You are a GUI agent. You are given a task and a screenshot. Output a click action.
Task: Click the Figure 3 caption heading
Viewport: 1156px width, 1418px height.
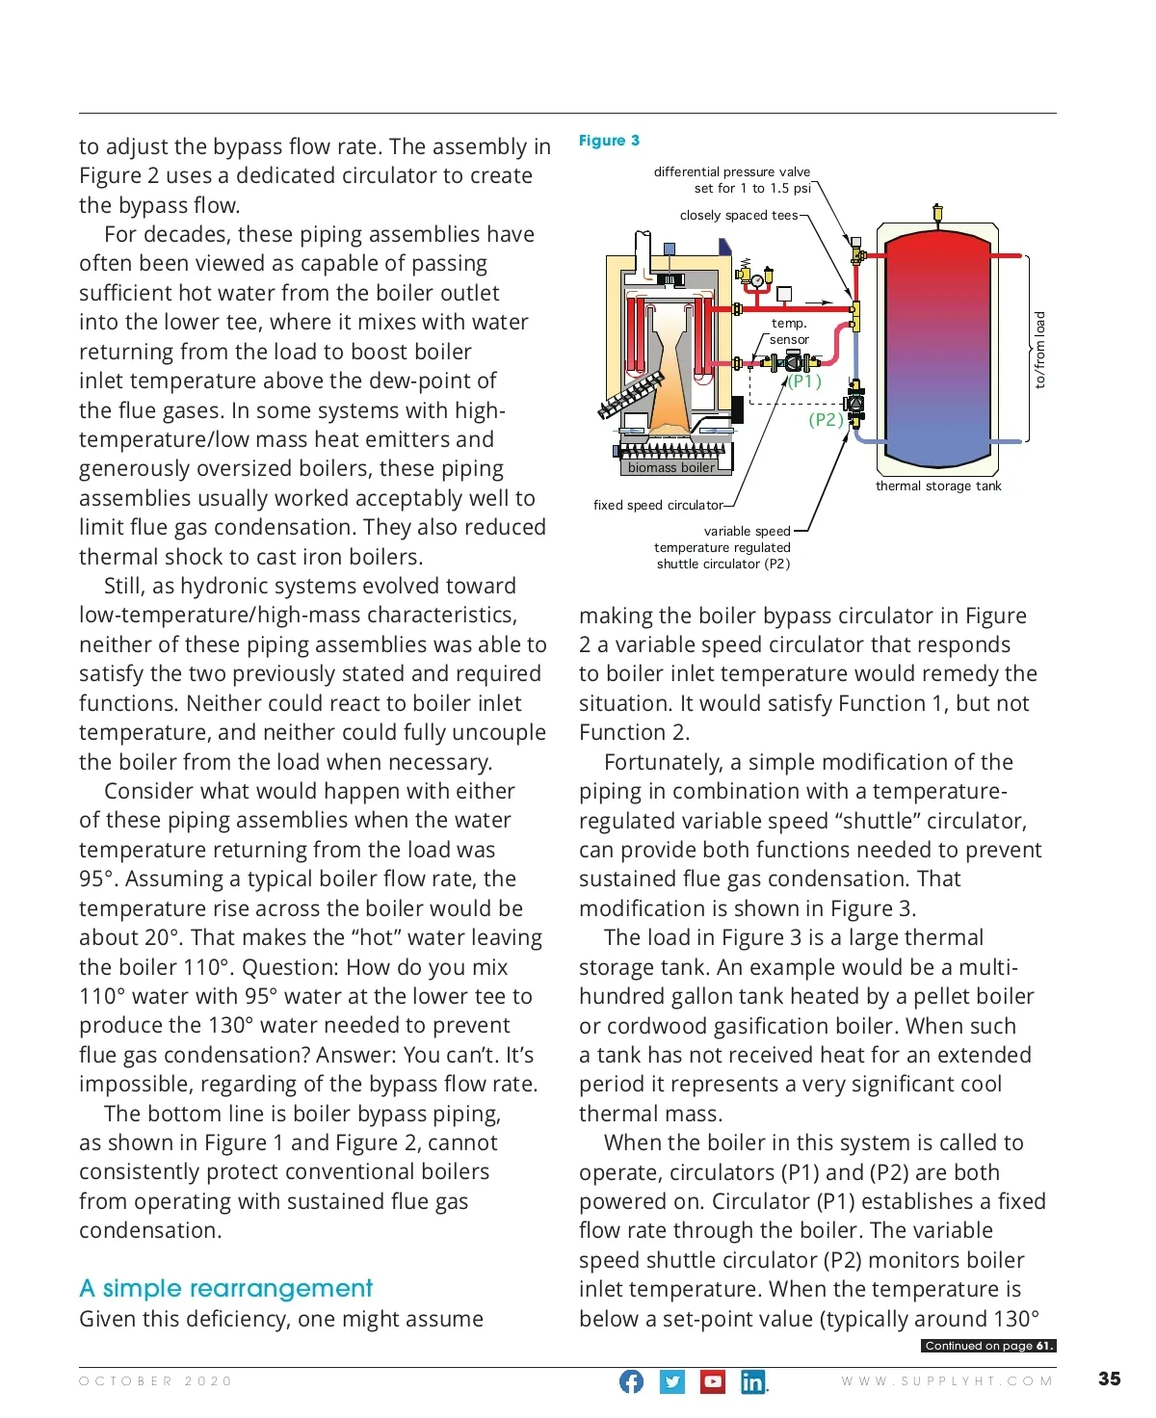pyautogui.click(x=609, y=141)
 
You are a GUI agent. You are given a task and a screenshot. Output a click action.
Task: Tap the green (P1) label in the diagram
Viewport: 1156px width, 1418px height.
pyautogui.click(x=805, y=381)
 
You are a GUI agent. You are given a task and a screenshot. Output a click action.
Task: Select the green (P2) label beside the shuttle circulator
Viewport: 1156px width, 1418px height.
pyautogui.click(x=826, y=419)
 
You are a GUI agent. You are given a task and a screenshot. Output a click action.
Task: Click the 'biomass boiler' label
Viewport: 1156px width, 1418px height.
pyautogui.click(x=671, y=467)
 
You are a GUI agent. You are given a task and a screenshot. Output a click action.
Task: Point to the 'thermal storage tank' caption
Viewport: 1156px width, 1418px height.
pyautogui.click(x=938, y=486)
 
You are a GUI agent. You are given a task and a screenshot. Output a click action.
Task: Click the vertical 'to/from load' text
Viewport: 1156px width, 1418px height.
pyautogui.click(x=1039, y=350)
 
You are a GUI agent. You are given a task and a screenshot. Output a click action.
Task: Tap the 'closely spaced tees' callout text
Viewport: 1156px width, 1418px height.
pyautogui.click(x=739, y=215)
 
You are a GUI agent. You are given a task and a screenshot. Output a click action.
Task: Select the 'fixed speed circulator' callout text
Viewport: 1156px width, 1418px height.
pyautogui.click(x=658, y=505)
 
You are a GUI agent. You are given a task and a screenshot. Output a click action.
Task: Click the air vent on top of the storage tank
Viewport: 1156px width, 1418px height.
pyautogui.click(x=937, y=213)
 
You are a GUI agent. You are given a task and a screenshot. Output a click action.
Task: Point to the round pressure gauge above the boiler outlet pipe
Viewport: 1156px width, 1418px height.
pyautogui.click(x=758, y=280)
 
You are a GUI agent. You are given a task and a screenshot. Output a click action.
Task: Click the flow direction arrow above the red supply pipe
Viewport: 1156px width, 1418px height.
pyautogui.click(x=818, y=302)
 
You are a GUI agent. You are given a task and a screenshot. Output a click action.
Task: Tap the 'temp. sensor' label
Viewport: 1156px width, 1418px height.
pyautogui.click(x=789, y=331)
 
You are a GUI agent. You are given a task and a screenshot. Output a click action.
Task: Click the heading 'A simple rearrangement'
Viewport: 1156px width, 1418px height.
pyautogui.click(x=225, y=1288)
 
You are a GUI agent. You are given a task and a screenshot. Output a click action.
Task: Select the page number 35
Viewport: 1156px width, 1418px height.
pyautogui.click(x=1109, y=1379)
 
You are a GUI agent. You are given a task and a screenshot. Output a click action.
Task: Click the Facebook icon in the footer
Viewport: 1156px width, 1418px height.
pyautogui.click(x=631, y=1381)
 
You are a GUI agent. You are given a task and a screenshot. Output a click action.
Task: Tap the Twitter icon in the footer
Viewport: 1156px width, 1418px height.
pyautogui.click(x=672, y=1381)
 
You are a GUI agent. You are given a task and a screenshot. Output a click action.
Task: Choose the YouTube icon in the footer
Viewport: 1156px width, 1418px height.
pyautogui.click(x=713, y=1381)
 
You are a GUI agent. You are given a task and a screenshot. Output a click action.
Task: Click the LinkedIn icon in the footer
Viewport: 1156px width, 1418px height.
pyautogui.click(x=753, y=1381)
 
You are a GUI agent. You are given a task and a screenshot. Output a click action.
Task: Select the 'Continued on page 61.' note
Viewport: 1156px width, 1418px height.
pyautogui.click(x=988, y=1346)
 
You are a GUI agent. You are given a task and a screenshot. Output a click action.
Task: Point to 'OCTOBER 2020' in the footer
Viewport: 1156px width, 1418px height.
pyautogui.click(x=156, y=1380)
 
